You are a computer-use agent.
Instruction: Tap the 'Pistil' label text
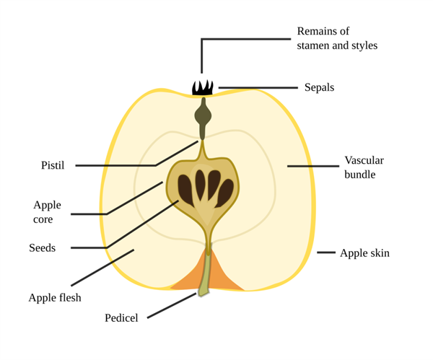pos(53,166)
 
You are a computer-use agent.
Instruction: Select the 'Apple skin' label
pos(364,253)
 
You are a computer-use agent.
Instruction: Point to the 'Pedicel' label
pos(121,317)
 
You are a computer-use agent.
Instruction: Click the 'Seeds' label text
pos(42,248)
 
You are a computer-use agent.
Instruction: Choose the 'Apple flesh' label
pos(55,297)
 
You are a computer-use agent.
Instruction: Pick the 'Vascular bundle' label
pos(364,167)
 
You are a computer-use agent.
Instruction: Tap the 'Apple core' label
pos(47,212)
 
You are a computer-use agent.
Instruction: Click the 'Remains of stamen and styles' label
pos(337,38)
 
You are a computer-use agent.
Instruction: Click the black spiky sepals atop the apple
pos(203,88)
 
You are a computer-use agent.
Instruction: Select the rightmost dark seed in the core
pos(226,193)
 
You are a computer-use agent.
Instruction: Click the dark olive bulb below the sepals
pos(203,115)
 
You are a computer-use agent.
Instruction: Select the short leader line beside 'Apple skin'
pos(326,253)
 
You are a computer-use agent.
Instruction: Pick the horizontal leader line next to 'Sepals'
pos(258,87)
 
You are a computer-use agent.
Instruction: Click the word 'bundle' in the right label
pos(360,175)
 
